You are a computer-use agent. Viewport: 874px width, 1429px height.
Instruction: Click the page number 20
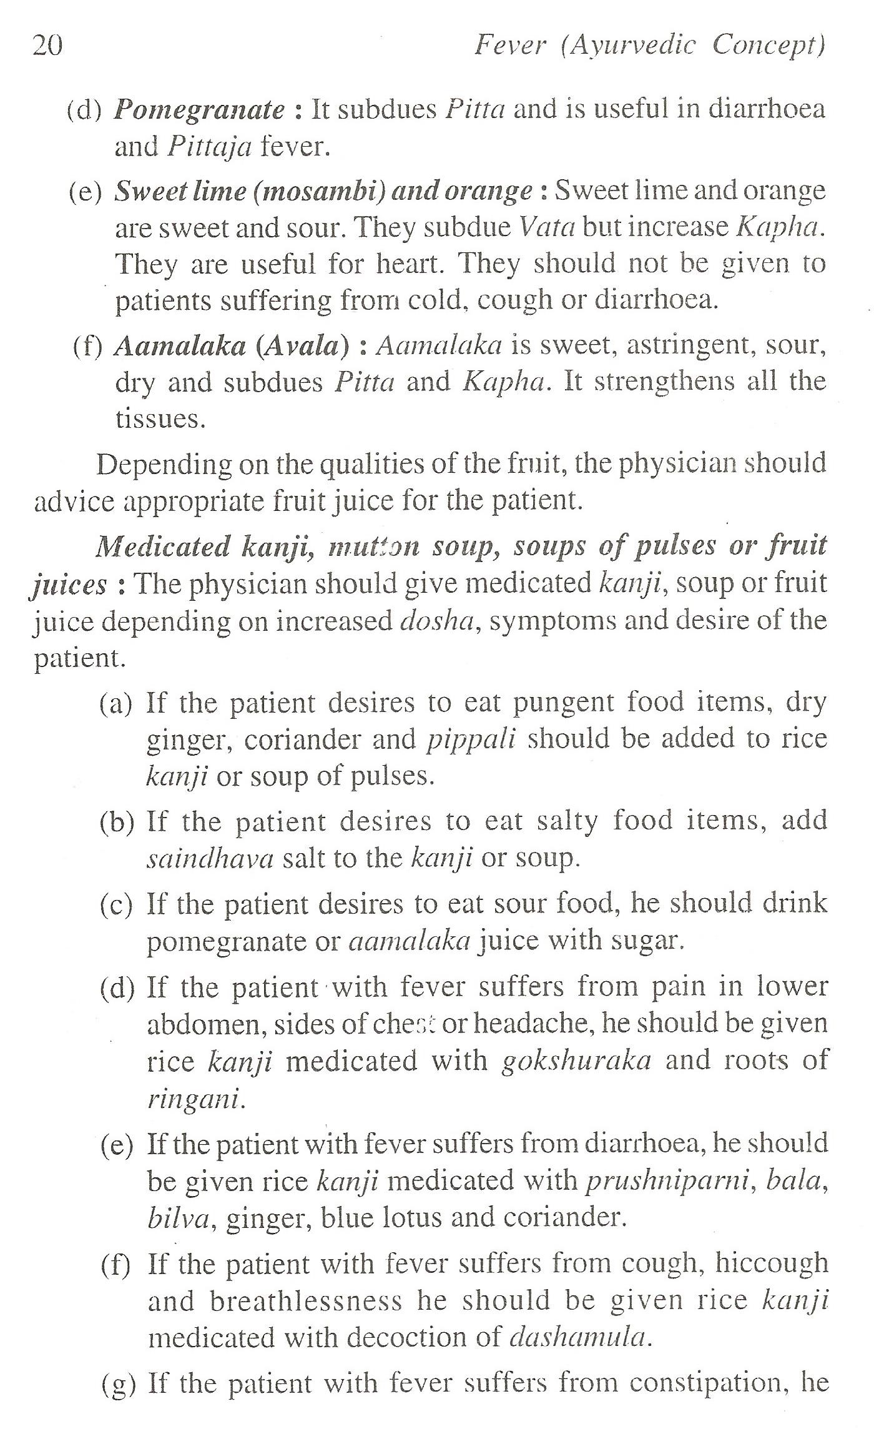[47, 46]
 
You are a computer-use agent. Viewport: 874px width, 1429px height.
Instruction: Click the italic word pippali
[472, 739]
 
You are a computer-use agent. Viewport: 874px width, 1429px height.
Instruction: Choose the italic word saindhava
[210, 859]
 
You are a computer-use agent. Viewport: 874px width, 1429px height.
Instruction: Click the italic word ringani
[194, 1099]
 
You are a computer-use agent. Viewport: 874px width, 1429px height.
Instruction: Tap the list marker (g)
[118, 1384]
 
